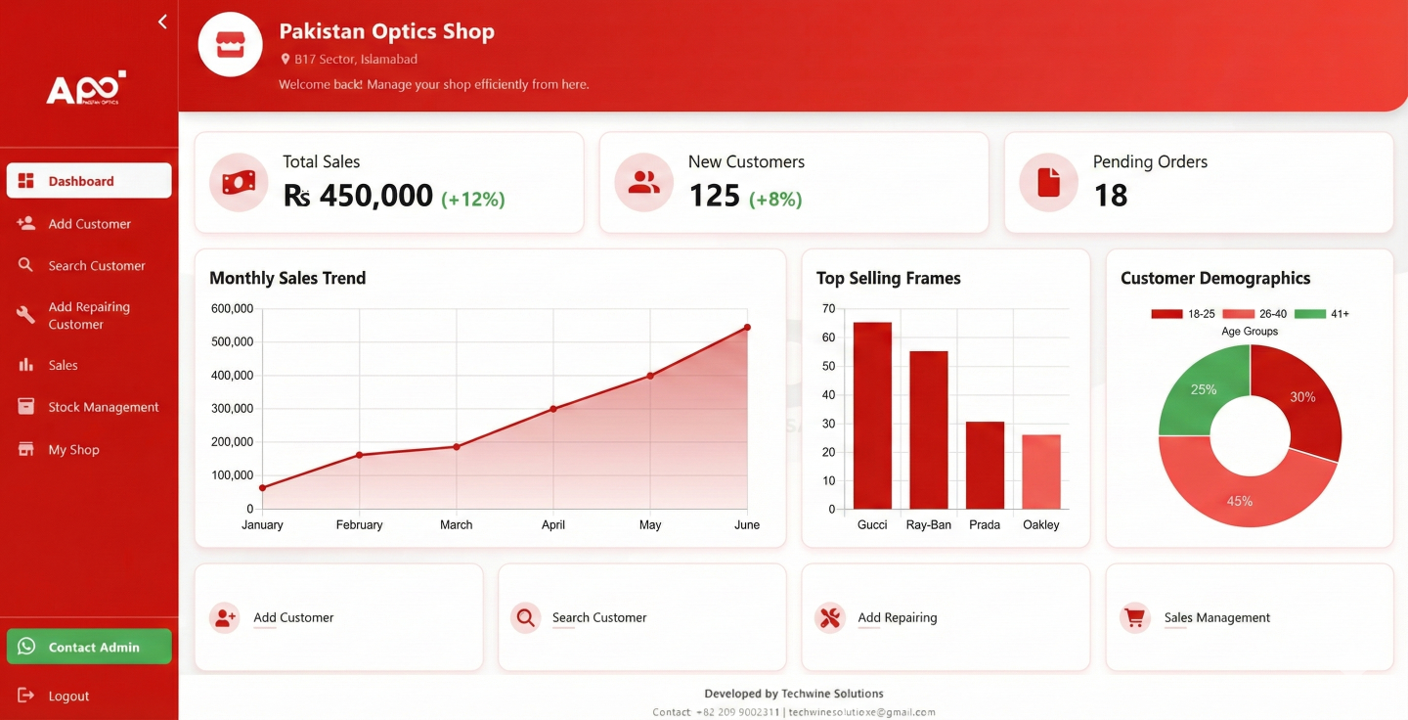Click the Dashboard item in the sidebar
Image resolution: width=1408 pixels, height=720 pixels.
coord(88,181)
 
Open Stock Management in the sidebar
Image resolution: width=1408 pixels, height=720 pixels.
coord(103,407)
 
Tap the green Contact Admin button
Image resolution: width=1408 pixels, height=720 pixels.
coord(89,647)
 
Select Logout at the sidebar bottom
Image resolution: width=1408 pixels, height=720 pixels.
coord(67,696)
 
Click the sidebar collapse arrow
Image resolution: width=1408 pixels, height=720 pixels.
coord(162,22)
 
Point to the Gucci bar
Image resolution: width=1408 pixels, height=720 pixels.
coord(872,416)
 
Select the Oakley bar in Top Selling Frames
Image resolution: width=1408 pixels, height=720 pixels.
coord(1041,472)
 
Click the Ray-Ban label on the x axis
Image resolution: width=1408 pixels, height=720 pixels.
coord(928,525)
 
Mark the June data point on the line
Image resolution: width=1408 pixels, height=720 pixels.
coord(747,327)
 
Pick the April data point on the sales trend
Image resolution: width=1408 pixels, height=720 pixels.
coord(553,409)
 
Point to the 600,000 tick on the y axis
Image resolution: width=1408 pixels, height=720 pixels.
coord(232,309)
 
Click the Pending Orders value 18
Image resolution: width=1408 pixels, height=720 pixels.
coord(1111,196)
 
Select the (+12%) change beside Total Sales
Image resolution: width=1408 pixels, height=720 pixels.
coord(473,200)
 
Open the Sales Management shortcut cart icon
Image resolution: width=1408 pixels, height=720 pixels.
coord(1134,617)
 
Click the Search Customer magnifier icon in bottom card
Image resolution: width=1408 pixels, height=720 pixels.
coord(526,617)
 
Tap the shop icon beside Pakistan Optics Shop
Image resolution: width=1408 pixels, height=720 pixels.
coord(231,44)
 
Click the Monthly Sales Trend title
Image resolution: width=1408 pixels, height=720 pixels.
coord(287,278)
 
